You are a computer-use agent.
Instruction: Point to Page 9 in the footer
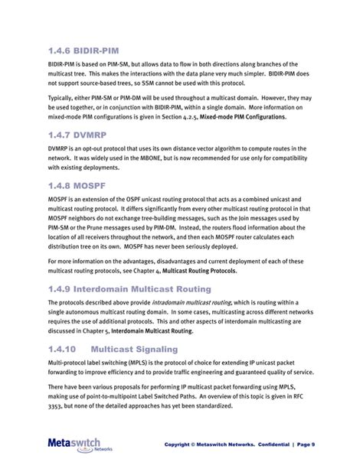pos(325,445)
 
